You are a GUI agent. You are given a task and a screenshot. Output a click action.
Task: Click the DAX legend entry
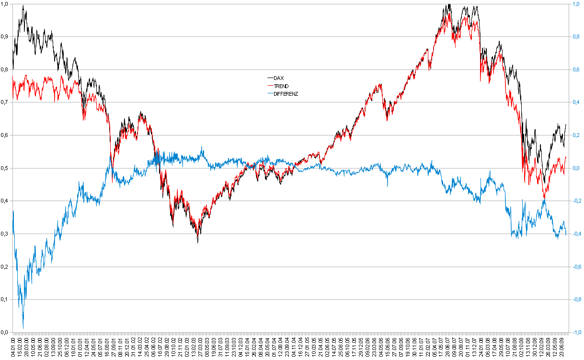coord(278,78)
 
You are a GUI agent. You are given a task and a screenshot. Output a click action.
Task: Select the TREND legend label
coord(281,86)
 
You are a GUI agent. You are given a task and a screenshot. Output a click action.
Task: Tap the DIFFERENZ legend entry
coord(286,94)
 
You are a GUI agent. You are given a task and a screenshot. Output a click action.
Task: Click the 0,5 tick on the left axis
coord(5,168)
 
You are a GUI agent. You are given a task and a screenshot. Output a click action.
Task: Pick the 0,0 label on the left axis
coord(5,332)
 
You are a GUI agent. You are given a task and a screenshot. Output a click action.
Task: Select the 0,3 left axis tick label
coord(5,234)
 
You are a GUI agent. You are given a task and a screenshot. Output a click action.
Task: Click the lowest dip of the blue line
coord(23,328)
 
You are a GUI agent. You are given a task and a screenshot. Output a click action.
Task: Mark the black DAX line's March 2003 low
coord(198,242)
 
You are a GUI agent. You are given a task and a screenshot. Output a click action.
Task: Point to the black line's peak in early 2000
coord(23,5)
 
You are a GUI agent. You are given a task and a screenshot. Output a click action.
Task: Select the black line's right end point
coord(566,124)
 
